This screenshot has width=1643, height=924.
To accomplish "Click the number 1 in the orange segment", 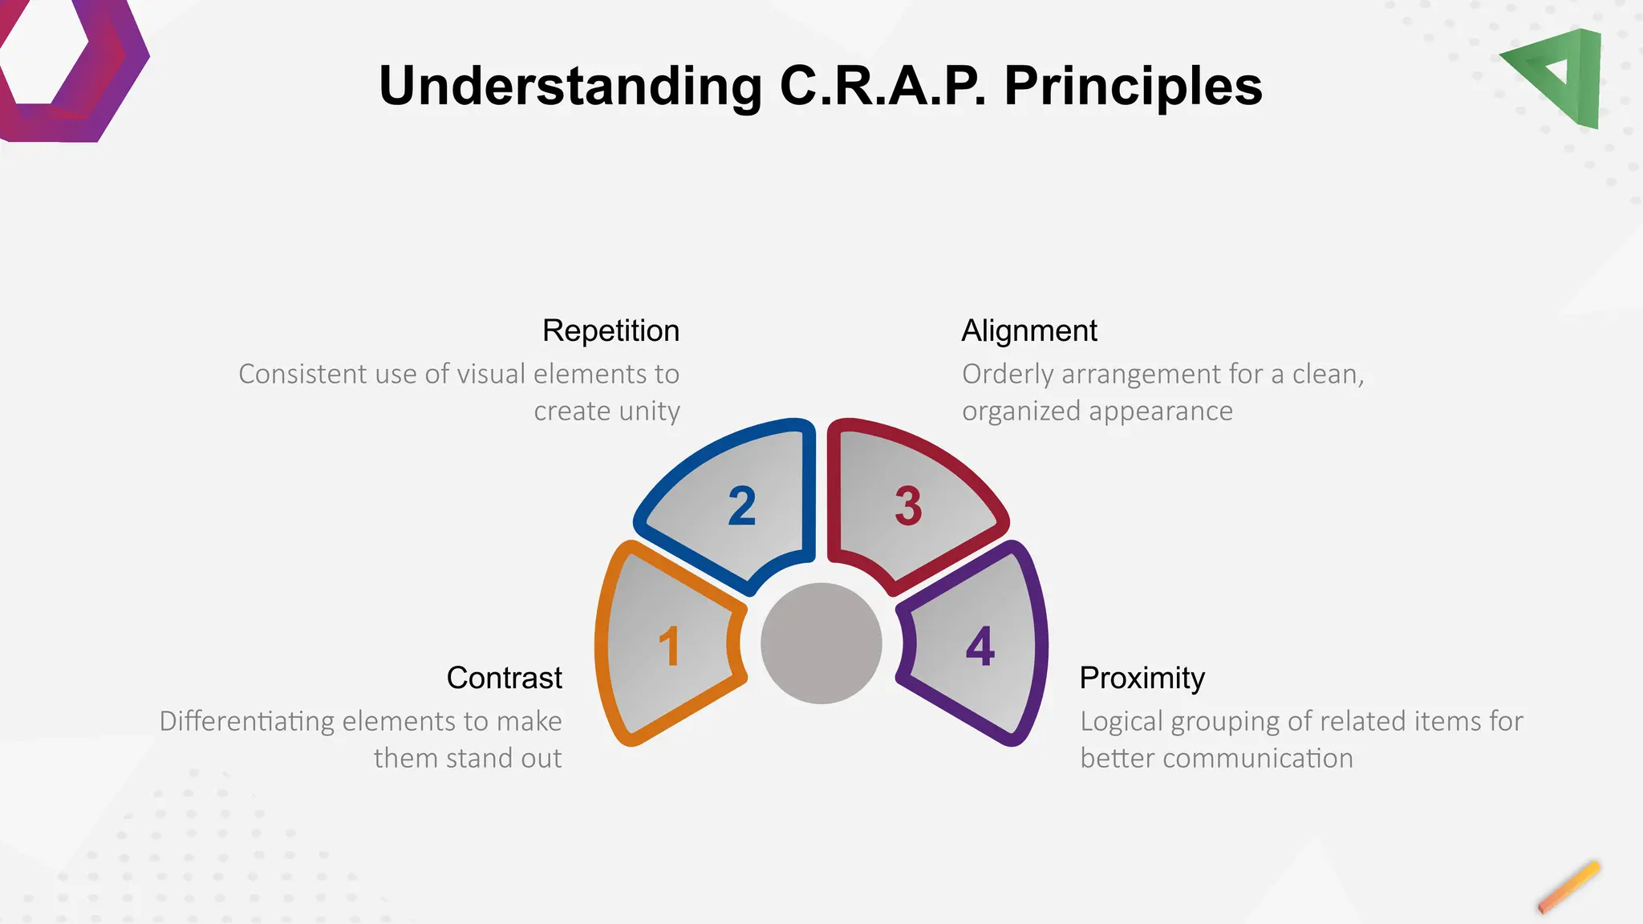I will coord(669,646).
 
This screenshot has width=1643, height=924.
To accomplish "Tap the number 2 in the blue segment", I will coord(742,506).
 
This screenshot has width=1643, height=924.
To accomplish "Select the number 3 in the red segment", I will coord(908,506).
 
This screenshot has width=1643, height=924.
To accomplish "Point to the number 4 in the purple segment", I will coord(980,646).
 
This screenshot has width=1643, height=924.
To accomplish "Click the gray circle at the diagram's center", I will coord(821,643).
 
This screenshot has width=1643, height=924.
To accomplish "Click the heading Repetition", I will coord(611,330).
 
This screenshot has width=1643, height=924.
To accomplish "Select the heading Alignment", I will coord(1029,330).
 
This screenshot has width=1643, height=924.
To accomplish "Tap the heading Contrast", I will coord(504,678).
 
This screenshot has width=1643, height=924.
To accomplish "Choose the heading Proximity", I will coord(1142,678).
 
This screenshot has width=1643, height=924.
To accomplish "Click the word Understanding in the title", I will coord(570,86).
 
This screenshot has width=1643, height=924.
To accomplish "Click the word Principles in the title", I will coord(1133,86).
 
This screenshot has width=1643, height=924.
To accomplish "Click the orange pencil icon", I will coord(1568,887).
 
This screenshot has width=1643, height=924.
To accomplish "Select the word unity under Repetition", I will coord(647,411).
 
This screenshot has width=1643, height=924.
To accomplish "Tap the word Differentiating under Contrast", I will coord(246,721).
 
